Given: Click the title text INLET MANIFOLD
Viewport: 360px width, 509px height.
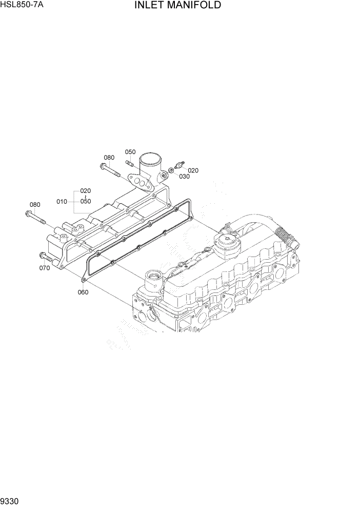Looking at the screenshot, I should (x=178, y=6).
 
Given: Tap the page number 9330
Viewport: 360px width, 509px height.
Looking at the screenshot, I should (x=11, y=502).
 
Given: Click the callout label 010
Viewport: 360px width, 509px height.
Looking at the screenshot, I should (x=62, y=202).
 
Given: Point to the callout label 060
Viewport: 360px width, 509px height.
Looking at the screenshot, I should (x=83, y=292).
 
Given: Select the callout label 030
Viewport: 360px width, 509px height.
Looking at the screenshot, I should (x=184, y=177).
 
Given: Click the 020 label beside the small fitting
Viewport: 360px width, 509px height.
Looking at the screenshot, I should (x=193, y=170).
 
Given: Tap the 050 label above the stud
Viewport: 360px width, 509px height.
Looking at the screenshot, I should (x=130, y=152).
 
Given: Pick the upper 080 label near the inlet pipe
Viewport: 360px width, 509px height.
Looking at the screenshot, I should (x=109, y=158).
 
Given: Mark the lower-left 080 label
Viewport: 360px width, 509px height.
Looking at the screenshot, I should (x=34, y=205).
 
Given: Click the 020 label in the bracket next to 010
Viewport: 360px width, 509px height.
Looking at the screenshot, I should (x=85, y=191).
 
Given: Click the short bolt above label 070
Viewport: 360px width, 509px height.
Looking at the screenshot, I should (x=45, y=256).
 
